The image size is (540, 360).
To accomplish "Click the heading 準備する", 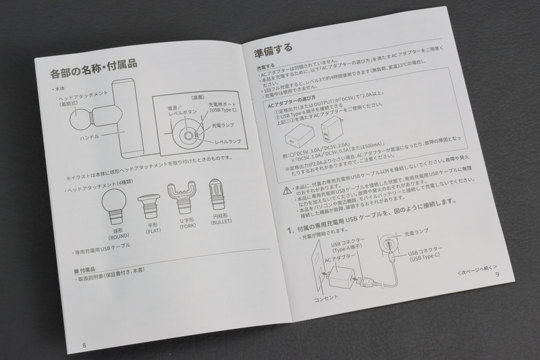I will coord(273,49).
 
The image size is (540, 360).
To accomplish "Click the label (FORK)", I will coord(188,227).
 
